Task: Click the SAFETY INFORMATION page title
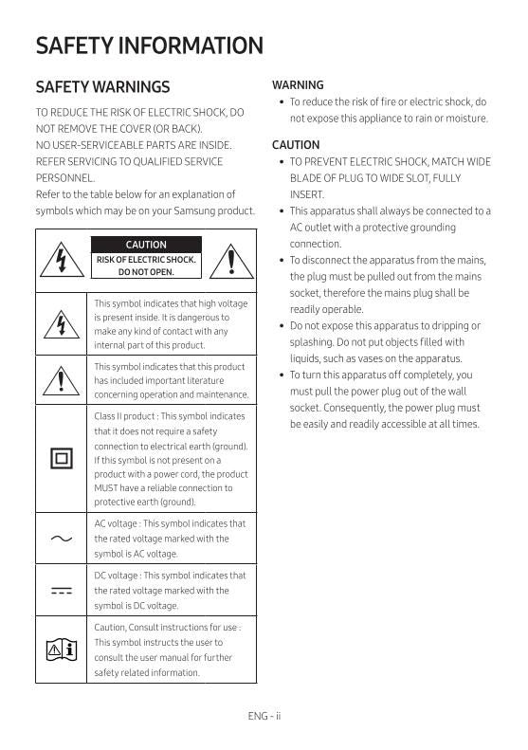click(149, 46)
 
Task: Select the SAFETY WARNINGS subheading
click(102, 87)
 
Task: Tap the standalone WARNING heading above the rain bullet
click(298, 84)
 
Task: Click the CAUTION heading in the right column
click(296, 145)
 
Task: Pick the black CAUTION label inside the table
click(146, 245)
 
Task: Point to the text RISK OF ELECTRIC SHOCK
click(146, 259)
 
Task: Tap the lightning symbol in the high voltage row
click(62, 324)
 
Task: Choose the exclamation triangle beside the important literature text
click(62, 380)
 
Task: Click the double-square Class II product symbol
click(62, 459)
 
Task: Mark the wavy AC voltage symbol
click(62, 539)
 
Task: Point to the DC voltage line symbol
click(62, 590)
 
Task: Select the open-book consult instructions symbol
click(62, 649)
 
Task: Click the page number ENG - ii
click(264, 716)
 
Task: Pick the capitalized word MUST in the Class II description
click(106, 487)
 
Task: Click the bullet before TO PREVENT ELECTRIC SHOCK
click(282, 162)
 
